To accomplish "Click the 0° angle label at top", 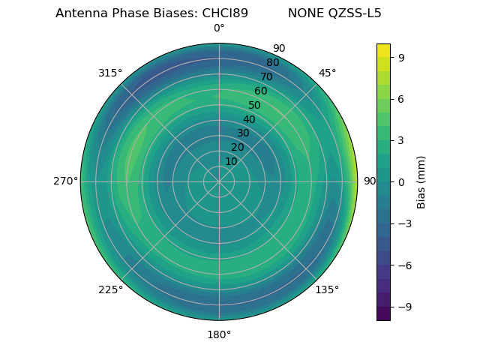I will tap(219, 28).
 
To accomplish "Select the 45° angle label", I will tap(327, 73).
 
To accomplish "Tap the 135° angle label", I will tap(327, 289).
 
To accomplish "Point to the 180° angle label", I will tap(219, 334).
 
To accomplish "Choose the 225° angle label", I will tap(110, 289).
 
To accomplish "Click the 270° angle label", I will tap(65, 181).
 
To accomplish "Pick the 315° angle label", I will tap(110, 73).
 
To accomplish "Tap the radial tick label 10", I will tap(231, 161).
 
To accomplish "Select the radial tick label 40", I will tap(249, 119).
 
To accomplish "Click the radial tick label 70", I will tap(266, 76).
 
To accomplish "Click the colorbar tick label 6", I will tap(402, 98).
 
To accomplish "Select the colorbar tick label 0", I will tap(402, 181).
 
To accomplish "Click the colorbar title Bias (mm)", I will tap(421, 181).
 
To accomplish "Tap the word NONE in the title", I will tap(303, 13).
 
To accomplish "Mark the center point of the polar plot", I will tap(219, 181).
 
